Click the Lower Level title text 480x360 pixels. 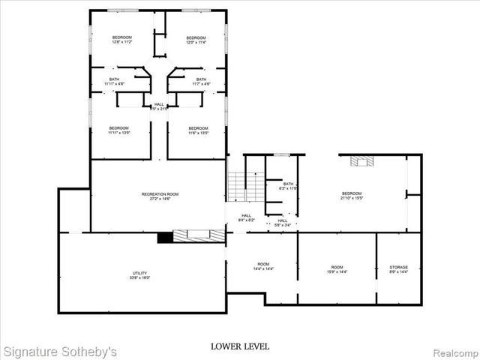click(240, 346)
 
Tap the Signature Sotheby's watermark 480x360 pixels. click(60, 350)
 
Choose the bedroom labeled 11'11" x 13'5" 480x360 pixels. click(118, 130)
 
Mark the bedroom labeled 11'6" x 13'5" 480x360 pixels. click(198, 130)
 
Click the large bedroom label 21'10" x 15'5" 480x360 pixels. click(351, 196)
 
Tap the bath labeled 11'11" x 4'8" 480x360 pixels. click(114, 81)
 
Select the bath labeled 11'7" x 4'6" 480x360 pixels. click(201, 81)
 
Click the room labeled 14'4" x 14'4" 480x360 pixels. click(263, 266)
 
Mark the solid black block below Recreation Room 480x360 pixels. click(164, 237)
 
